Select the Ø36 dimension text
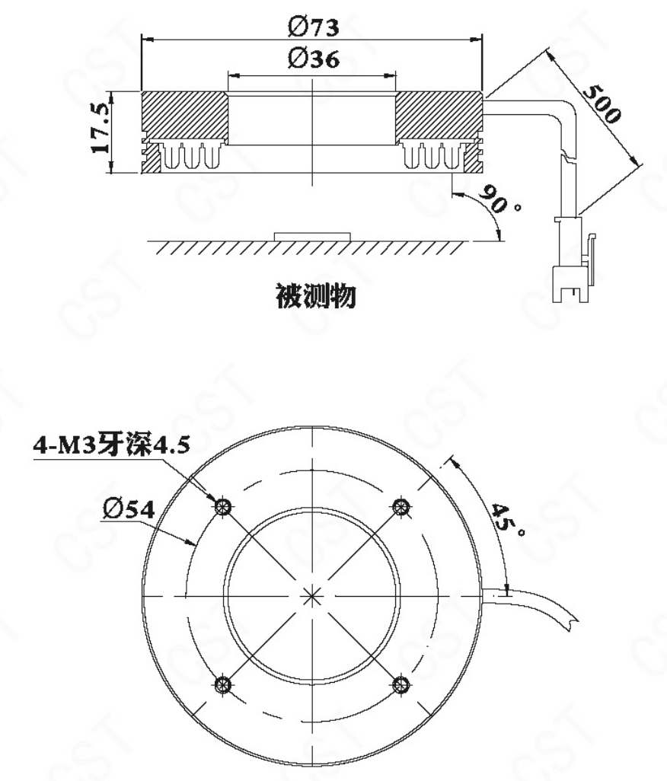coord(314,59)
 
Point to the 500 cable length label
coord(602,104)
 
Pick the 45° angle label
coord(508,520)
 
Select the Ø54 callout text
coord(129,508)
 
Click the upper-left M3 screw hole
coord(223,507)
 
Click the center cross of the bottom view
coord(312,595)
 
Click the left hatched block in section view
coord(185,114)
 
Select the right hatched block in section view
coord(439,114)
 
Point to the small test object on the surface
coord(312,236)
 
